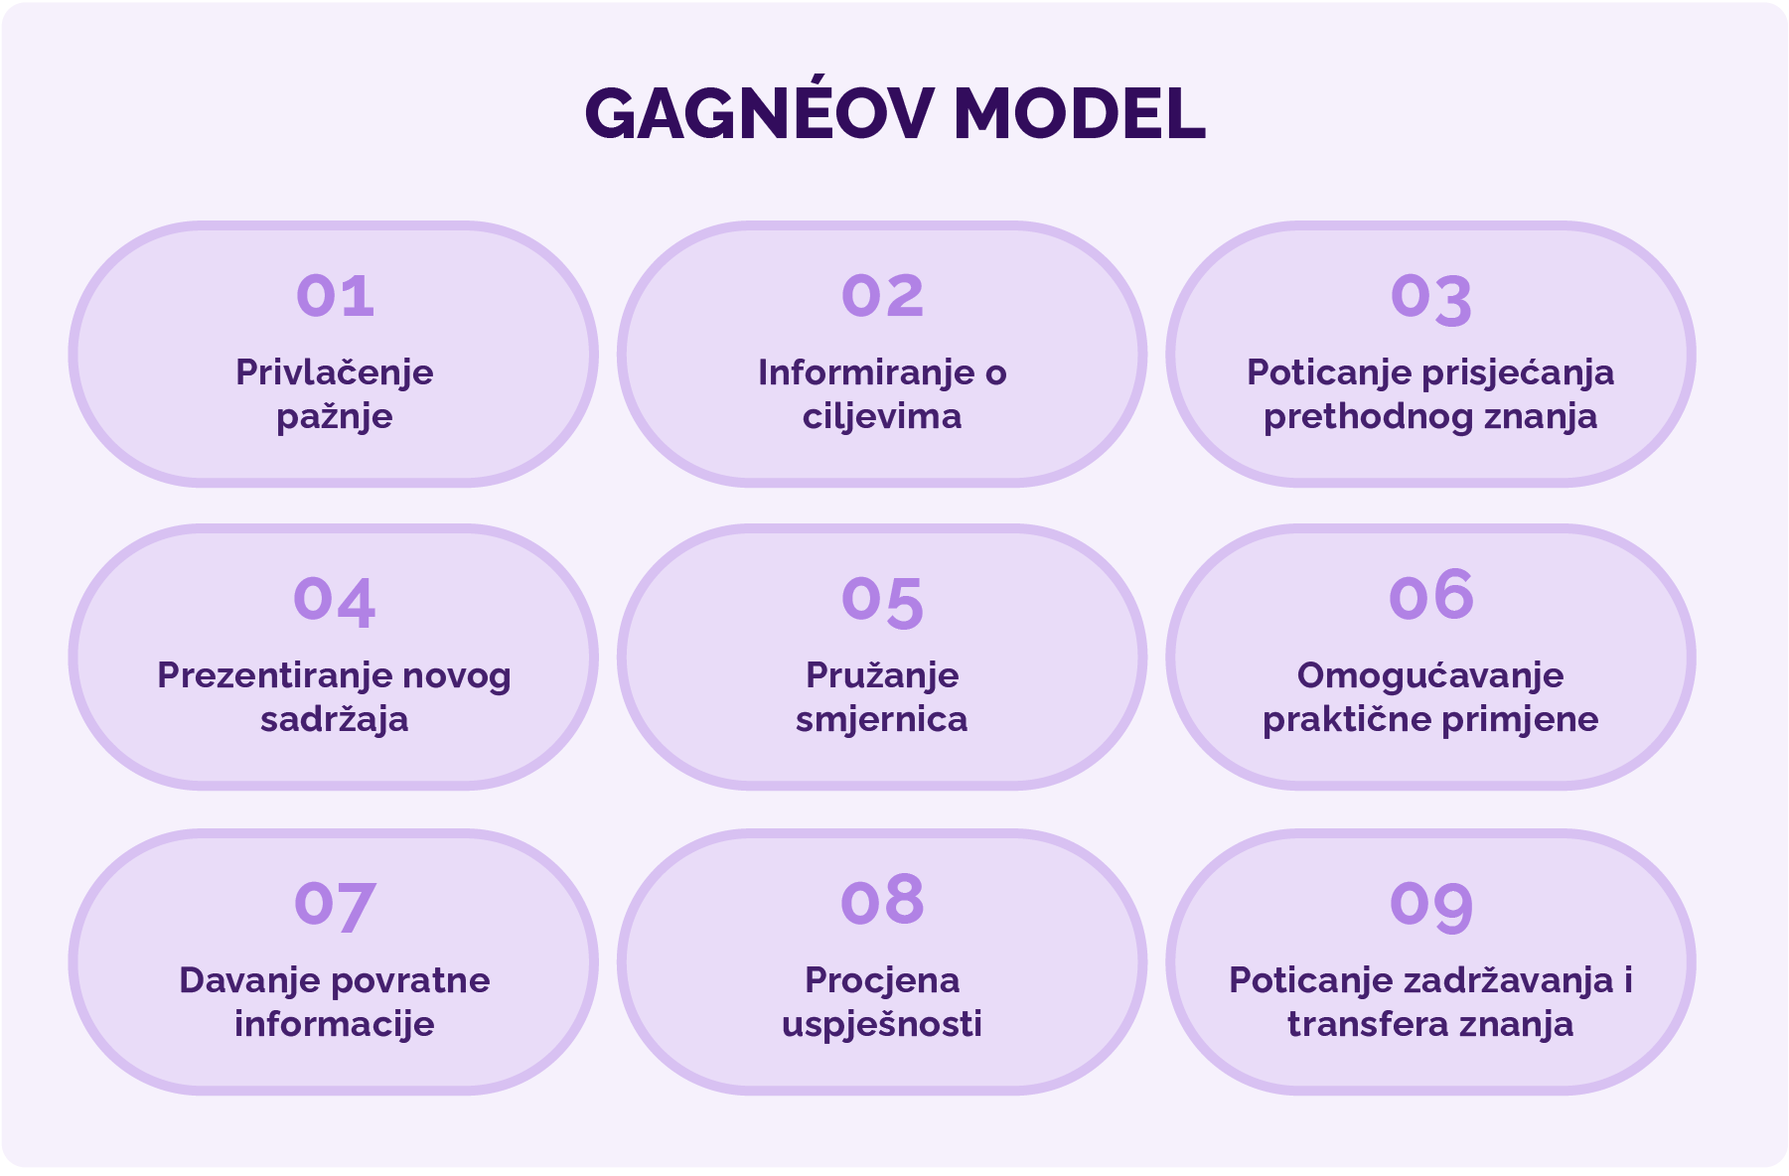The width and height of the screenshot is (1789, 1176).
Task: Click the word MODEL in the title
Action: pyautogui.click(x=1080, y=114)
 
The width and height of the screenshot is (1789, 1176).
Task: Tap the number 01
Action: pyautogui.click(x=336, y=296)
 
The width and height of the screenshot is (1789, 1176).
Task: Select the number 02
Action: pyautogui.click(x=883, y=296)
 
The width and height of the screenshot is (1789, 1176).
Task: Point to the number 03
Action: pyautogui.click(x=1431, y=300)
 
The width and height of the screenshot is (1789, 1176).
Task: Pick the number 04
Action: pyautogui.click(x=335, y=602)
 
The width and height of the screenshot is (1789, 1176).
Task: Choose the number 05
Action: pyautogui.click(x=883, y=603)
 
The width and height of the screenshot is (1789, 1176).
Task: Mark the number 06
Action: pyautogui.click(x=1431, y=595)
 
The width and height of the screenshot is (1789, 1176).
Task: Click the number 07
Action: pyautogui.click(x=335, y=906)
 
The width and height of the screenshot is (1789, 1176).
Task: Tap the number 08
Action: pyautogui.click(x=883, y=901)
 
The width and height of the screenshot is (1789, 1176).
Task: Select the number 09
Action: pyautogui.click(x=1431, y=906)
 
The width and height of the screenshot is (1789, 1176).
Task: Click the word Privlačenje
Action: pyautogui.click(x=335, y=372)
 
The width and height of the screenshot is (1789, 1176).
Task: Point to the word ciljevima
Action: pyautogui.click(x=882, y=417)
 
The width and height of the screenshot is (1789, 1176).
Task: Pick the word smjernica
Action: pyautogui.click(x=882, y=720)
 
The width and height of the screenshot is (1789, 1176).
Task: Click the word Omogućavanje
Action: pyautogui.click(x=1430, y=676)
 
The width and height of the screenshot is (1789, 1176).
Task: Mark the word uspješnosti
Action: pyautogui.click(x=882, y=1025)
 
